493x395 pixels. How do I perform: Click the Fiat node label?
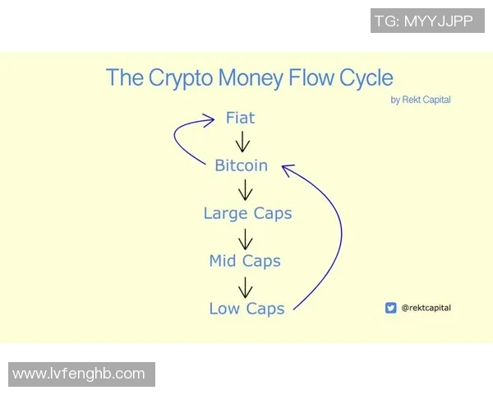[x=240, y=118]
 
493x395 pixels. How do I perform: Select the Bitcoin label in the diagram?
[x=241, y=165]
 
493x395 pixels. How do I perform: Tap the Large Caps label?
[x=247, y=213]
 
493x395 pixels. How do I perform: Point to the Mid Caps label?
[x=245, y=261]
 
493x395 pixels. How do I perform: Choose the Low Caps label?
[x=246, y=309]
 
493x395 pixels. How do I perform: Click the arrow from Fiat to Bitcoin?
[x=242, y=142]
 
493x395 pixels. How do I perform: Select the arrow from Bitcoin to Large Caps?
[x=244, y=190]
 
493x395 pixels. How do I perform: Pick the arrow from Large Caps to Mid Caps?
[x=244, y=238]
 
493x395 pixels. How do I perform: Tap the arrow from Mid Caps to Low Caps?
[x=244, y=286]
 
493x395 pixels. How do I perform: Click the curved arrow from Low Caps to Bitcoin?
[x=339, y=239]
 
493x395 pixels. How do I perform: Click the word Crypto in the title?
[x=180, y=78]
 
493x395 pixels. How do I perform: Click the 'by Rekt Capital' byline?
[x=421, y=100]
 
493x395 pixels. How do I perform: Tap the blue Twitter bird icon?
[x=390, y=308]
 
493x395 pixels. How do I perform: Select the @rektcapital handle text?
[x=426, y=308]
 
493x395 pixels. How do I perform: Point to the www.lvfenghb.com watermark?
[x=79, y=374]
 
